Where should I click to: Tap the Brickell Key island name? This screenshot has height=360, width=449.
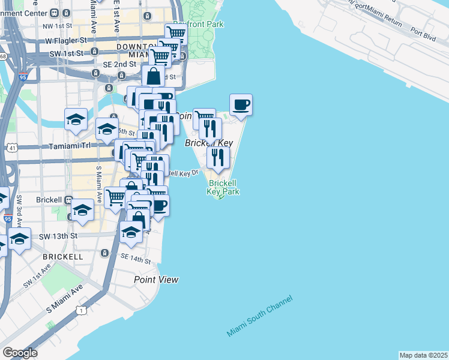click(208, 143)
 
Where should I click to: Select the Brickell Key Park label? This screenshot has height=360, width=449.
click(223, 187)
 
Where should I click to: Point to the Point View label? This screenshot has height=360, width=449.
click(156, 280)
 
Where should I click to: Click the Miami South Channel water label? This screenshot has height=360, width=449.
click(259, 316)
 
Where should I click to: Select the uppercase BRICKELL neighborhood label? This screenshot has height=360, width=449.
click(63, 256)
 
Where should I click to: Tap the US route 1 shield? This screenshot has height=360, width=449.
click(82, 310)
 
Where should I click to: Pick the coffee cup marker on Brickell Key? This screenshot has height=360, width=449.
click(241, 105)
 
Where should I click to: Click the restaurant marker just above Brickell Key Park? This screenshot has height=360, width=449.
click(218, 157)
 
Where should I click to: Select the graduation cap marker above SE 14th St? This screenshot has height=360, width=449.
click(130, 232)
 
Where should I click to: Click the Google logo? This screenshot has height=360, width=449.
click(20, 353)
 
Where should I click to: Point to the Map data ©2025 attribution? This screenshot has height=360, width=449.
click(423, 355)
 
